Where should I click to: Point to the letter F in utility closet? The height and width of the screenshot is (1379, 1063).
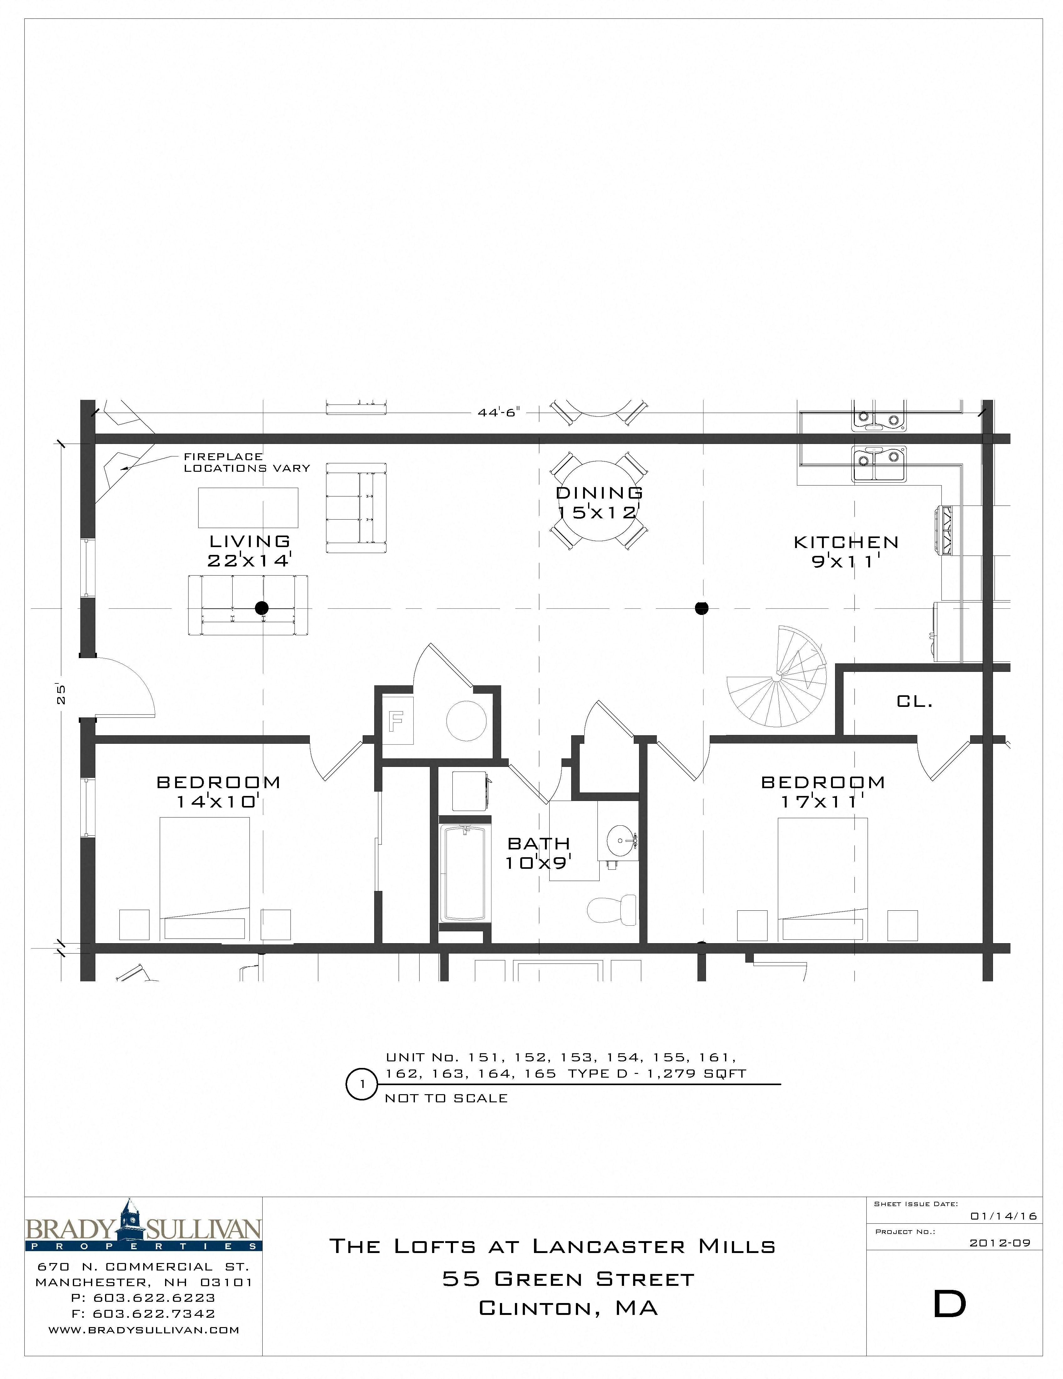(396, 720)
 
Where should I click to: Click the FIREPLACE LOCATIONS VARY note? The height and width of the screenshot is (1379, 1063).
(246, 462)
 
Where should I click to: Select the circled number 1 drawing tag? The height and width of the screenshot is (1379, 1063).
(362, 1084)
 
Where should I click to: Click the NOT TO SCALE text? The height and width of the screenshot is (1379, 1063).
(446, 1098)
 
